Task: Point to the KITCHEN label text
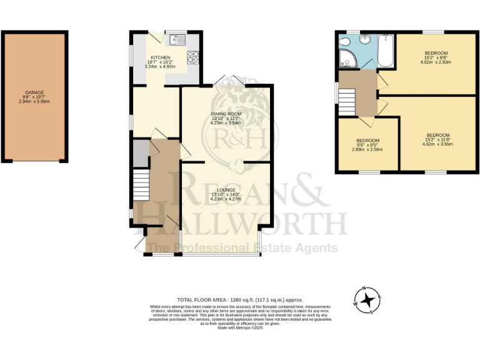click(x=161, y=57)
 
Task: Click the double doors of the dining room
click(x=227, y=82)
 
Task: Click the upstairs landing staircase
click(x=347, y=101)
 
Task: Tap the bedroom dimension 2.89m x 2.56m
click(x=367, y=149)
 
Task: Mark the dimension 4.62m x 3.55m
click(x=437, y=145)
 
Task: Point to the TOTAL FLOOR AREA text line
click(x=240, y=300)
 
